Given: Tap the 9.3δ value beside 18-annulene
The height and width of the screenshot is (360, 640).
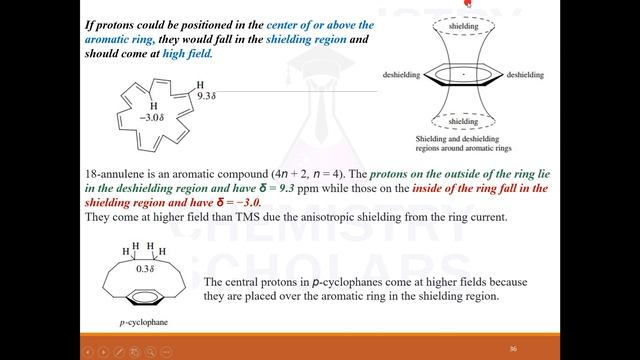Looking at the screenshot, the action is pos(207,96).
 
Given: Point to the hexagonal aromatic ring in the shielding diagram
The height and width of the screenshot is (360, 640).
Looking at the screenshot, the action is pos(463,74).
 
